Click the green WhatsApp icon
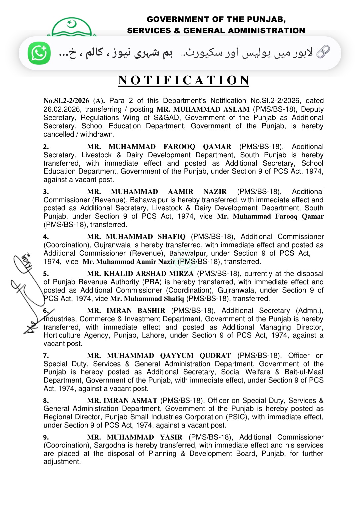click(x=39, y=53)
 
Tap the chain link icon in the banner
click(x=323, y=52)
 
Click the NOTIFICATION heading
click(x=184, y=80)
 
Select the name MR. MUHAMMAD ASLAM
click(x=203, y=109)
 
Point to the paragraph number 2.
click(x=46, y=147)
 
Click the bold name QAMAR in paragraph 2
click(x=217, y=147)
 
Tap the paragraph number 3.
click(x=46, y=192)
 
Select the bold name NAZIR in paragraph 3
click(x=215, y=192)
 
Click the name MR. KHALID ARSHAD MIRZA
click(x=140, y=274)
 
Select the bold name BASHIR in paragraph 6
click(x=151, y=311)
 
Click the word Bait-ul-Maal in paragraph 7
click(x=304, y=372)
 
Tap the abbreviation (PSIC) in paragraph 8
click(x=237, y=417)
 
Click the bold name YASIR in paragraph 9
click(x=171, y=437)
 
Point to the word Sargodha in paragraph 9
click(x=108, y=445)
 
